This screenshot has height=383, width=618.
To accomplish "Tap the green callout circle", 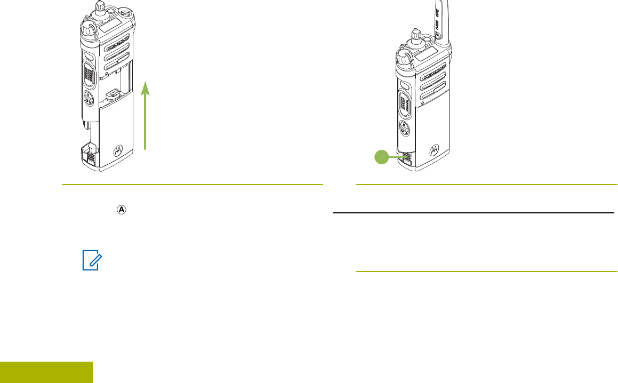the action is click(380, 156).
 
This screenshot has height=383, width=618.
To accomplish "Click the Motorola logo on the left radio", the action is click(118, 151).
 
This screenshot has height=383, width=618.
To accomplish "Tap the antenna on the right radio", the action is click(442, 21).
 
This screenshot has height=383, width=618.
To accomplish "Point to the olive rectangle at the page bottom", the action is click(46, 372).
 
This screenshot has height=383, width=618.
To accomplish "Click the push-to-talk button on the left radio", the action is click(90, 72).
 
